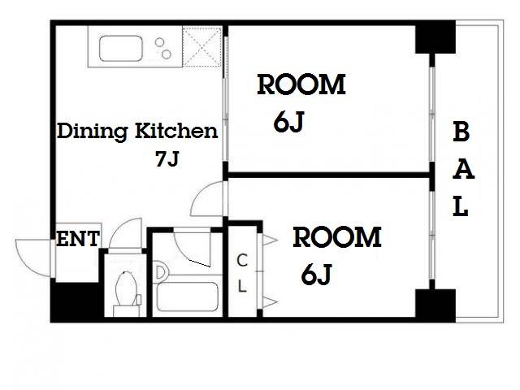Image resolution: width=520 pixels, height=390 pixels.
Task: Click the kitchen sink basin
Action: (x=121, y=49)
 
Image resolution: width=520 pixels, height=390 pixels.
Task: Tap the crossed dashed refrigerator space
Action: (x=202, y=47)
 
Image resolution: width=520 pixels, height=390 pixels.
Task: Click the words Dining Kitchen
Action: (x=137, y=132)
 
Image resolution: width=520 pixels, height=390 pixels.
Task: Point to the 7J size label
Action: (x=167, y=158)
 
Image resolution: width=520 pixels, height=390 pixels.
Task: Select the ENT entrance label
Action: (x=78, y=239)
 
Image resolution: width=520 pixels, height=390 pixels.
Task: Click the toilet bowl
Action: (x=126, y=288)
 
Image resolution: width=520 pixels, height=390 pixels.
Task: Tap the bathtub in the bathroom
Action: (x=187, y=297)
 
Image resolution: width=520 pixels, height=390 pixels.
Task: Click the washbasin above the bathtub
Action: (x=161, y=272)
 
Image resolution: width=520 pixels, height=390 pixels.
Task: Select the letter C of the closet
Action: (x=242, y=260)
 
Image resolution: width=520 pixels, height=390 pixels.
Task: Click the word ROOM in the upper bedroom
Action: (x=301, y=84)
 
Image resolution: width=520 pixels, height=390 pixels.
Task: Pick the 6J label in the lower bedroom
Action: (x=316, y=275)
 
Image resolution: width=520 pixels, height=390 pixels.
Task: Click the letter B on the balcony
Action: (x=461, y=132)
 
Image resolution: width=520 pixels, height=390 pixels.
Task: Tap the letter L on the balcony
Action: (x=461, y=206)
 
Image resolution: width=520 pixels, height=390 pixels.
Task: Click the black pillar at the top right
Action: (x=435, y=37)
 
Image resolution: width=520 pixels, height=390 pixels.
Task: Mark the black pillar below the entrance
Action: (x=75, y=301)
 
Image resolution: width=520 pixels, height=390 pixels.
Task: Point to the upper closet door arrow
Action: (x=270, y=240)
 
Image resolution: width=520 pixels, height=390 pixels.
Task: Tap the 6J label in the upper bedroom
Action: (x=289, y=122)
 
